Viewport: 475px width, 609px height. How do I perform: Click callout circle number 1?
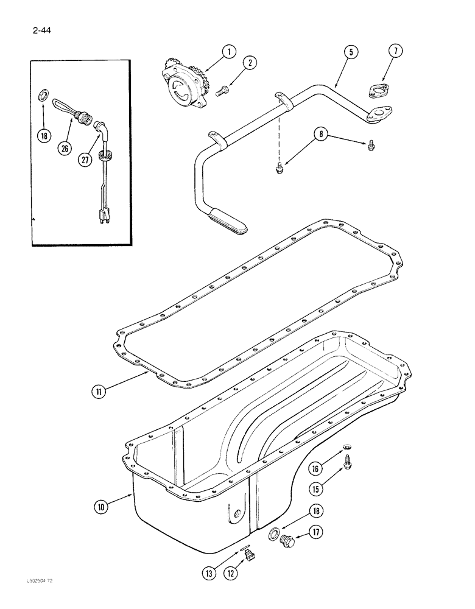pyautogui.click(x=229, y=52)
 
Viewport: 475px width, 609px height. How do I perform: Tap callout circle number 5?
pyautogui.click(x=351, y=52)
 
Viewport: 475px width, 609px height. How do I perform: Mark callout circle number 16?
pyautogui.click(x=315, y=468)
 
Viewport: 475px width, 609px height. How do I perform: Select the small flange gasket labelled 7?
pyautogui.click(x=378, y=91)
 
